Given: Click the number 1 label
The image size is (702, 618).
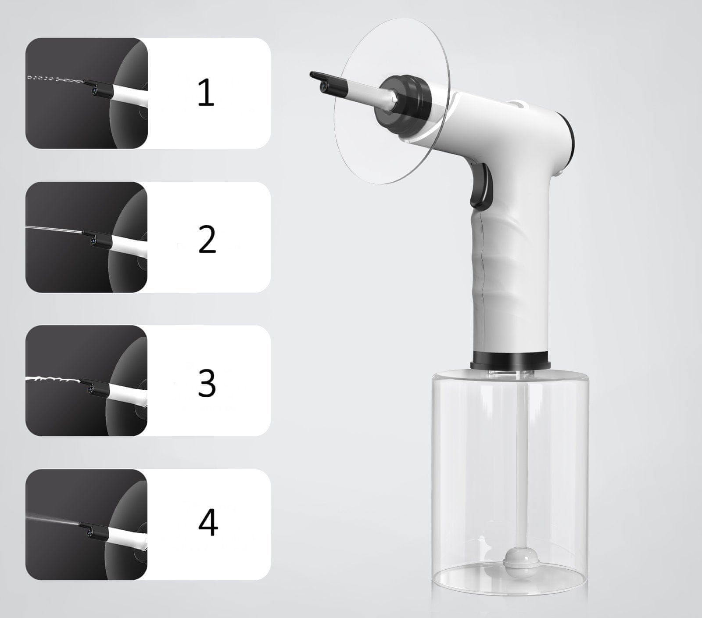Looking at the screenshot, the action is (x=207, y=93).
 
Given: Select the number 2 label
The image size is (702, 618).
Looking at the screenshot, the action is (x=207, y=239).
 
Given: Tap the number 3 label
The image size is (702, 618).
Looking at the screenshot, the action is (x=207, y=383).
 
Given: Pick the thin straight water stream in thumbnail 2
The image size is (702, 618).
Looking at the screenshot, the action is (x=54, y=229).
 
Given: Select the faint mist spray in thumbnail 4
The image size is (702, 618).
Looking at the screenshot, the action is (x=54, y=519).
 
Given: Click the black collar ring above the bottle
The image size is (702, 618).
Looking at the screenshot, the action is (x=511, y=361).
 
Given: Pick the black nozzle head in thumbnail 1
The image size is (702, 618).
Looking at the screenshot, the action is (x=95, y=87).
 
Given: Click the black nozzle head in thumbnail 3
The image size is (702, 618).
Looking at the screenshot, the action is (x=94, y=387).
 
